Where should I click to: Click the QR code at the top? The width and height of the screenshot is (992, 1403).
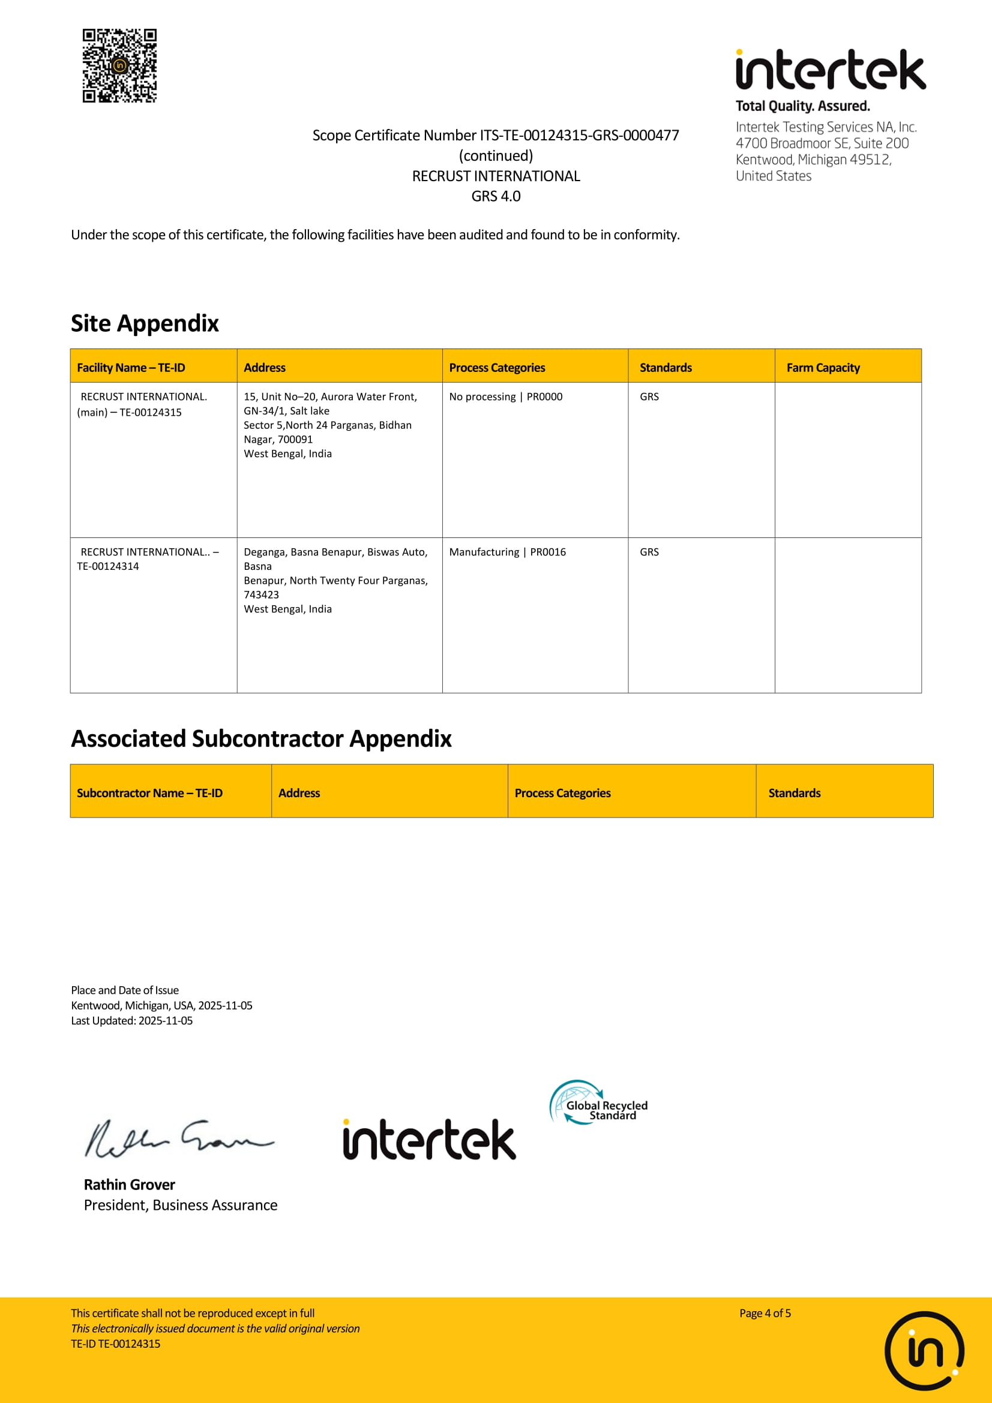[x=120, y=65]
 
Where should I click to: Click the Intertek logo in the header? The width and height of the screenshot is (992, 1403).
[x=830, y=70]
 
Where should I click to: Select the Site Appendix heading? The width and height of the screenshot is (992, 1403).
[x=145, y=323]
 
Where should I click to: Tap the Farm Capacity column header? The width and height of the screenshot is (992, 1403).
[x=823, y=367]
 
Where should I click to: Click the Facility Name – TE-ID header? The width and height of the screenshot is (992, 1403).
[x=131, y=367]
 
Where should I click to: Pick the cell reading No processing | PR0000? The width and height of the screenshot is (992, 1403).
[x=505, y=396]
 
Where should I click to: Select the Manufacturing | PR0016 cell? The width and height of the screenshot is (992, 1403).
[x=507, y=552]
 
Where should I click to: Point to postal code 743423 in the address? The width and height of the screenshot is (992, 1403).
[x=262, y=594]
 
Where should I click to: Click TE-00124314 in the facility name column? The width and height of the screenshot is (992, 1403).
[x=108, y=566]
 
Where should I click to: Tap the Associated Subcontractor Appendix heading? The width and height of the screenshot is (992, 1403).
[x=261, y=739]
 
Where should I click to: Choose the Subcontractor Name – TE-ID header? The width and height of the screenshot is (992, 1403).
[x=150, y=792]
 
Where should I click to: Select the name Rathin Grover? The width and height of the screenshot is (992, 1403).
[x=130, y=1184]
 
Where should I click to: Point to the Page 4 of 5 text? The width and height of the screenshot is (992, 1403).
[x=765, y=1312]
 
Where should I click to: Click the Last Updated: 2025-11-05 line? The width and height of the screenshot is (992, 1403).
[x=132, y=1020]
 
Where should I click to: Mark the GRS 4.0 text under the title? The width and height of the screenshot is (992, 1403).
[x=496, y=196]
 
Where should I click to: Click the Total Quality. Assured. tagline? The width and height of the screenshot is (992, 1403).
[x=802, y=106]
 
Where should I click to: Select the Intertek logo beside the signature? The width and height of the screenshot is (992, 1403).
[x=429, y=1140]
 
